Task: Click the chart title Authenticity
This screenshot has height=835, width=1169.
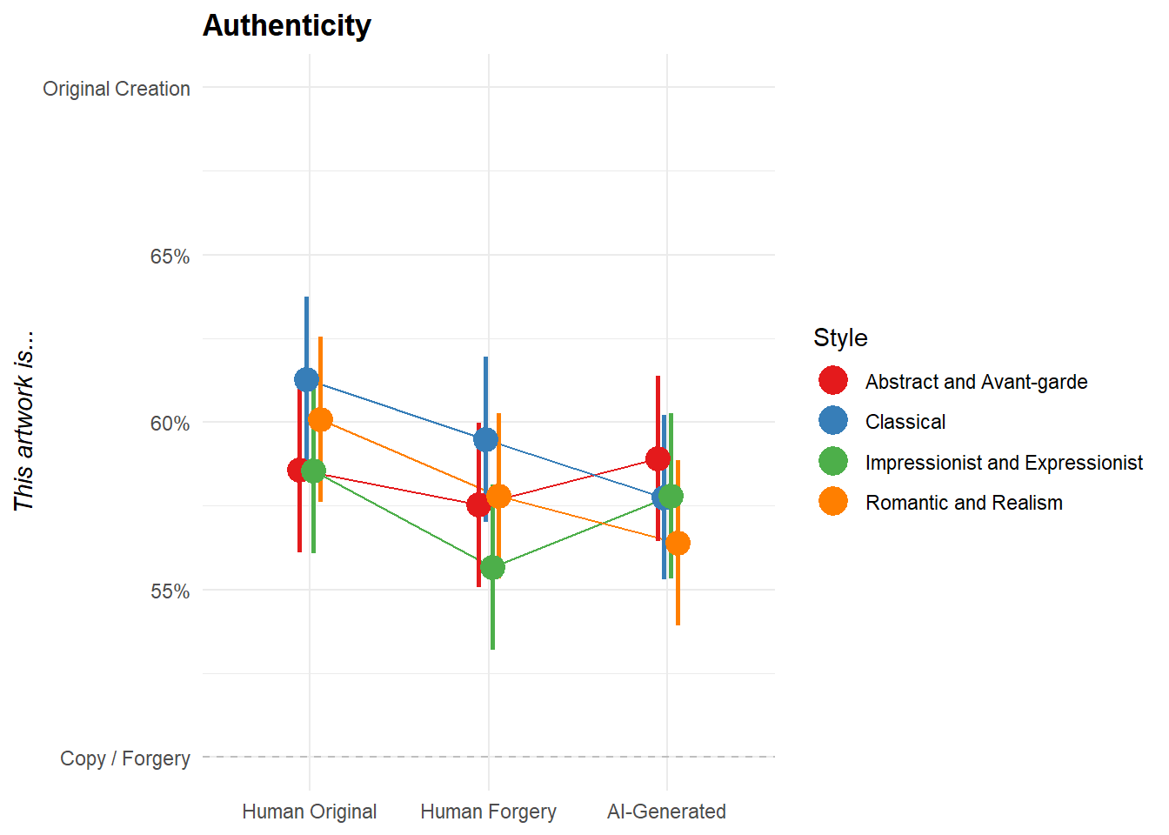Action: [x=287, y=26]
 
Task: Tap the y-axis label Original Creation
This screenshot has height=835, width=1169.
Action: [x=117, y=89]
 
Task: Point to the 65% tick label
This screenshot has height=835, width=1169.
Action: [x=170, y=257]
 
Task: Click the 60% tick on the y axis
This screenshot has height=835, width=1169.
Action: [x=170, y=424]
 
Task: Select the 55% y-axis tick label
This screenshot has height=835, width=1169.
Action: [x=170, y=591]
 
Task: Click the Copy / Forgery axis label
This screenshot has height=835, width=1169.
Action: [x=125, y=758]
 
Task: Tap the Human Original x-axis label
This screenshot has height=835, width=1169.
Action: [x=309, y=812]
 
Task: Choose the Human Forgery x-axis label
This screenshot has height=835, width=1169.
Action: [x=488, y=812]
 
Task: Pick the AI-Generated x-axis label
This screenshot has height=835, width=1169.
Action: [x=666, y=812]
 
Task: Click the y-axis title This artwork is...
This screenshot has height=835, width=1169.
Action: [x=23, y=421]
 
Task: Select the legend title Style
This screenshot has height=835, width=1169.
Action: [x=840, y=337]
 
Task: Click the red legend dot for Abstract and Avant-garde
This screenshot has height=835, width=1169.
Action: [x=833, y=381]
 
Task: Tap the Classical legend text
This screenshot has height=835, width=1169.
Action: [x=905, y=422]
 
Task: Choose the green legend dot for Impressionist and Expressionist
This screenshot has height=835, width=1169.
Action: [x=833, y=462]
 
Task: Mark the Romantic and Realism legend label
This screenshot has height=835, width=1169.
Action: [x=964, y=503]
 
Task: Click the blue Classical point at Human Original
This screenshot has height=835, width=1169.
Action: [x=306, y=379]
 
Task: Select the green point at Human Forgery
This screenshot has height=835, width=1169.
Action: [x=492, y=568]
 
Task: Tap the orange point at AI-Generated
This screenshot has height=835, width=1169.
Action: [x=678, y=544]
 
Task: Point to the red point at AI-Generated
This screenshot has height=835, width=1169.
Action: [x=658, y=458]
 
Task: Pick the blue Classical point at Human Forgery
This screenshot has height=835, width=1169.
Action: [x=485, y=439]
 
